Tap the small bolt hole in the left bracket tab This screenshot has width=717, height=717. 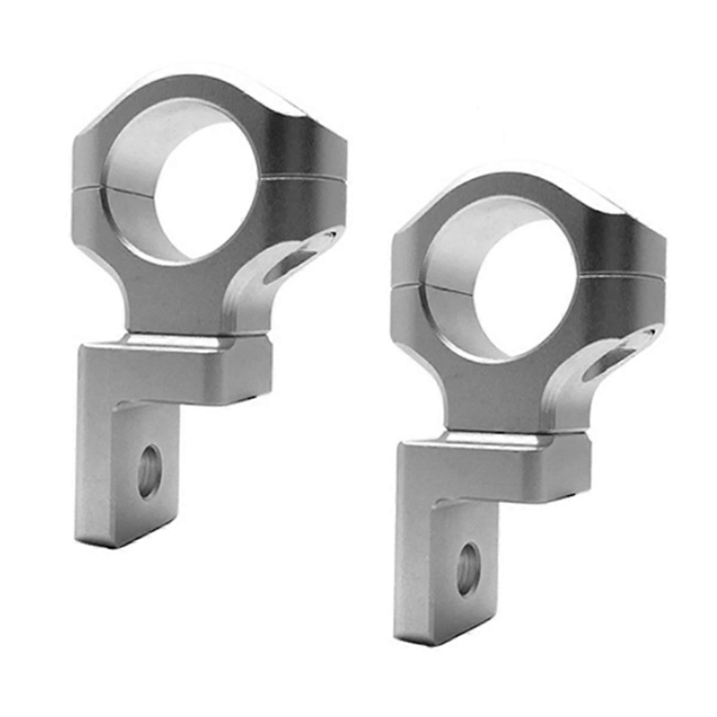[x=149, y=472]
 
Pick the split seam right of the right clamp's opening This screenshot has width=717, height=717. [x=621, y=276]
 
